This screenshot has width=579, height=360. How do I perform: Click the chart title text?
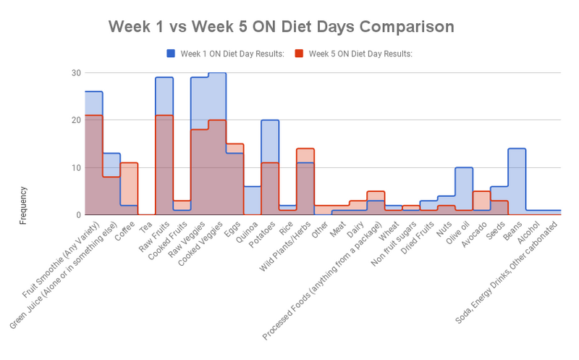coord(282,27)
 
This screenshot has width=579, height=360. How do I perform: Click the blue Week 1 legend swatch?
coord(172,53)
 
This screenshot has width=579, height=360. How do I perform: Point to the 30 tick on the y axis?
coord(76,72)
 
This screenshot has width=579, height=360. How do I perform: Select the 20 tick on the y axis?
coord(76,120)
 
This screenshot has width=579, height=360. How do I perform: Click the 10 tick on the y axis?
coord(76,167)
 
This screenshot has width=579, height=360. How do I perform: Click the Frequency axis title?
coord(23,206)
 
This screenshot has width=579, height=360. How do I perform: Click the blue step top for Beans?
coord(517,148)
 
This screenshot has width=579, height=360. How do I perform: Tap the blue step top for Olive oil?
coord(464,167)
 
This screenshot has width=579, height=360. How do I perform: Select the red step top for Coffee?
coord(129,163)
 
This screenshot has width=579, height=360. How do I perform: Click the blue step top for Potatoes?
coord(270,120)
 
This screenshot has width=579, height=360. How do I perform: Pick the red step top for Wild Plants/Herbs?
coord(305,148)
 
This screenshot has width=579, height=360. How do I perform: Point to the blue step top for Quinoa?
coord(252,186)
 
